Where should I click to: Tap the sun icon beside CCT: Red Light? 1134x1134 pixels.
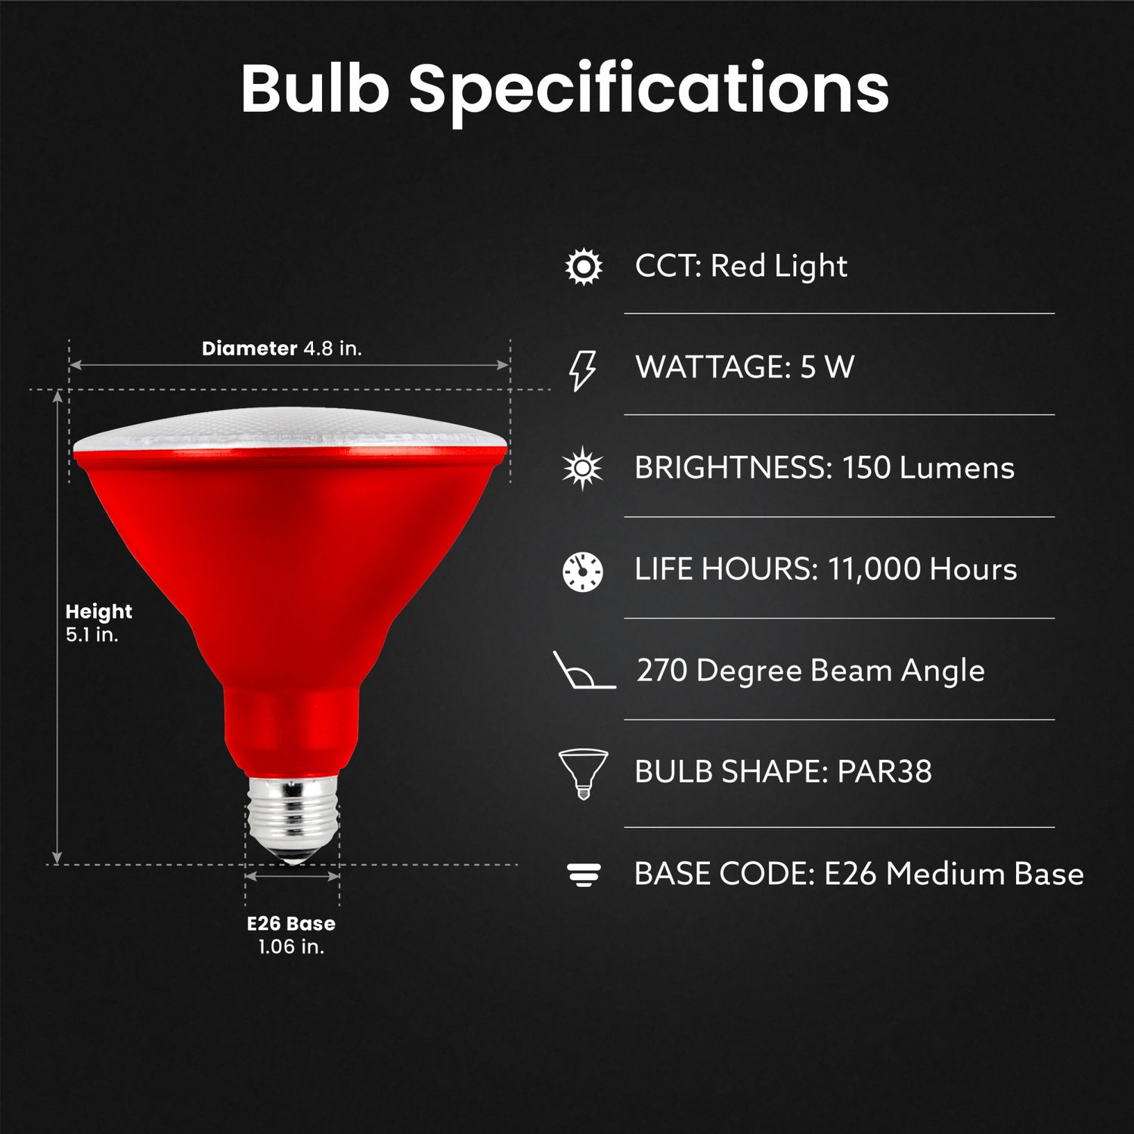[x=584, y=267]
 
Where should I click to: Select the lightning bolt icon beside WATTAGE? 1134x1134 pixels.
[x=582, y=370]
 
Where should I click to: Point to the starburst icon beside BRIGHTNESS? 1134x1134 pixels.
[x=583, y=469]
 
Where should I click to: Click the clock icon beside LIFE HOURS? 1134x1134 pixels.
[x=583, y=571]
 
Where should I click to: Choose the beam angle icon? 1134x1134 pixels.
[x=584, y=671]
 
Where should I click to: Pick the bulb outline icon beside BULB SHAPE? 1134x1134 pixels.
[x=583, y=773]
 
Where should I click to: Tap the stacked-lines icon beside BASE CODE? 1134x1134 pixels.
[x=584, y=875]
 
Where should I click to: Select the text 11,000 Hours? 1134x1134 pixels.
[x=922, y=569]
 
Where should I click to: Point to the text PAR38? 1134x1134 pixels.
[x=885, y=772]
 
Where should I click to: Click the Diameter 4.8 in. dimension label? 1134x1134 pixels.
[x=282, y=349]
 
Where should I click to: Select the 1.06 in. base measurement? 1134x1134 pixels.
[x=291, y=947]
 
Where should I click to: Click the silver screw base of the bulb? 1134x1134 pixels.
[x=293, y=820]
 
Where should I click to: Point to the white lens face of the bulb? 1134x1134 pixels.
[x=291, y=429]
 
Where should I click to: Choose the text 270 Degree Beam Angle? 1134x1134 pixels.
[x=810, y=671]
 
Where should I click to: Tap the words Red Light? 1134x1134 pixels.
[x=779, y=266]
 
